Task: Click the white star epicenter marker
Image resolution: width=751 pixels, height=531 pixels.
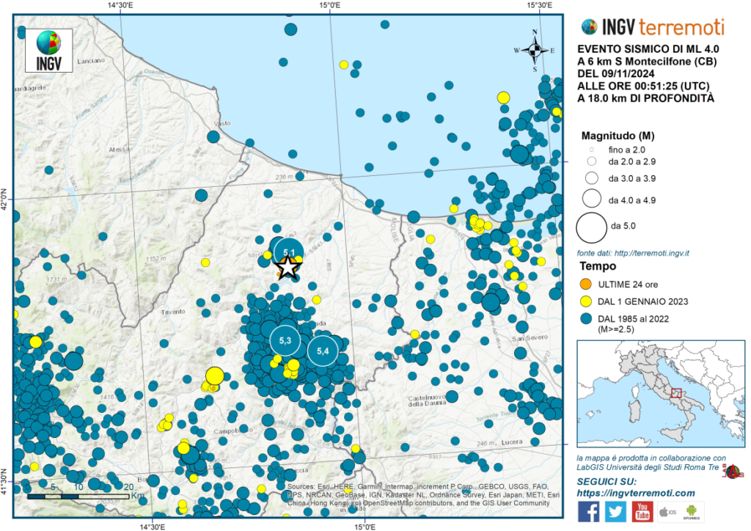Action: pos(289,268)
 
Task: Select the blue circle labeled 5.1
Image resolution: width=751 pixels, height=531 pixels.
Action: pos(289,252)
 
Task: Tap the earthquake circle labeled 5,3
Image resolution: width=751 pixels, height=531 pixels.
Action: pos(285,340)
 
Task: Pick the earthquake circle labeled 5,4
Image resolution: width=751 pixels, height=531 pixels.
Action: pos(322,351)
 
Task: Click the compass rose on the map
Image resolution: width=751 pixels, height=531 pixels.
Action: pos(535,50)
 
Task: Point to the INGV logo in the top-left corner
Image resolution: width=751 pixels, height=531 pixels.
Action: pos(49,50)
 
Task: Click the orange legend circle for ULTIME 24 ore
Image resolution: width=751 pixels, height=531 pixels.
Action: pos(585,284)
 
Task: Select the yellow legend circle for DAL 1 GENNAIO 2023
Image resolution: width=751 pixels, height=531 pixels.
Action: pos(585,301)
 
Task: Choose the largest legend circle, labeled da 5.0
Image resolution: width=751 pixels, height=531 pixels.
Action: pos(590,227)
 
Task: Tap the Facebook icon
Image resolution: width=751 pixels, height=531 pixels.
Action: pos(588,511)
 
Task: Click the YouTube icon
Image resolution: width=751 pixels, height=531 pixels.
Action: pos(642,511)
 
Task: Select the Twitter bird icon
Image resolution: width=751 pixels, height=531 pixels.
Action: pos(615,511)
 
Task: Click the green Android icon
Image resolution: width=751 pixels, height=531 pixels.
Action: pos(694,511)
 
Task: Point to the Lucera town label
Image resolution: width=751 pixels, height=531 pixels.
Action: pos(518,442)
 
